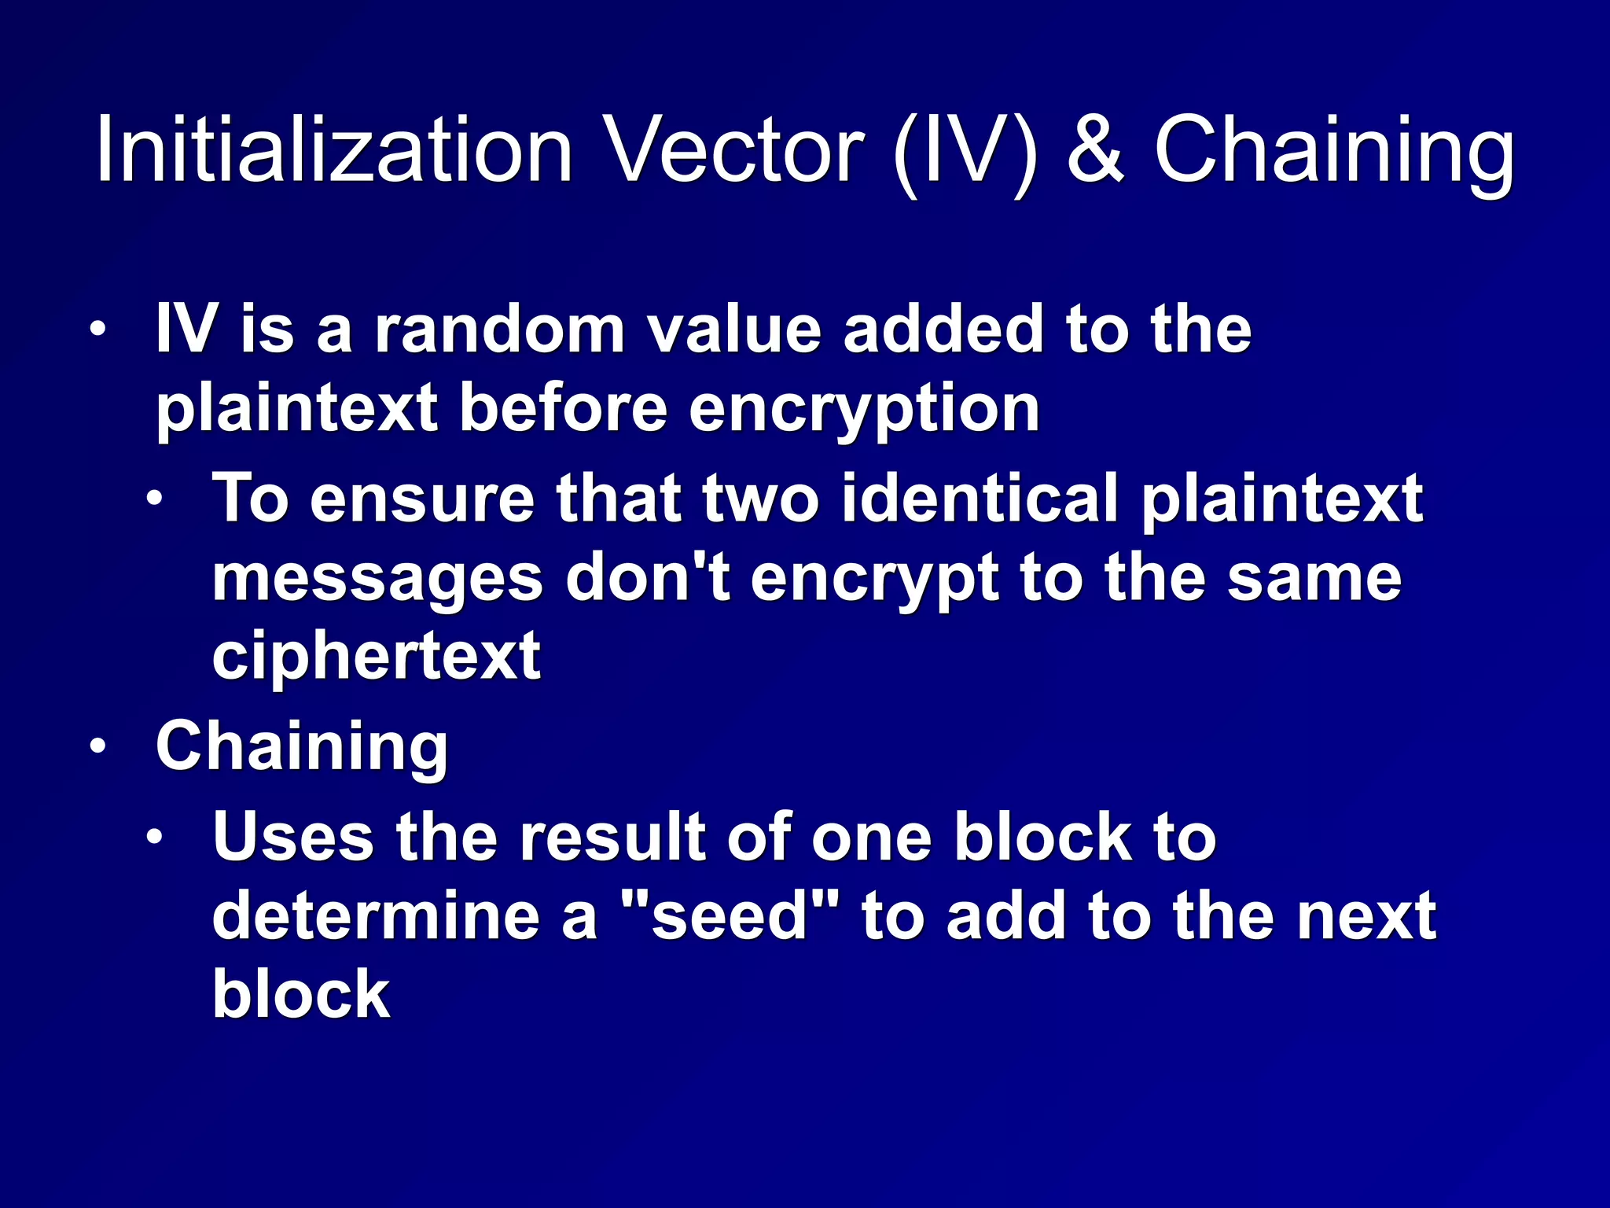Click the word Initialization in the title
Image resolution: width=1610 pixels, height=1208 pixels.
click(x=334, y=149)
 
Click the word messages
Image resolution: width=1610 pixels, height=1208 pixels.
click(x=377, y=580)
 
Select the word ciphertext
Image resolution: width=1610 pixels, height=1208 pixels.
click(x=376, y=656)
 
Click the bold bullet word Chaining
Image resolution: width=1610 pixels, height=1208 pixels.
click(x=302, y=747)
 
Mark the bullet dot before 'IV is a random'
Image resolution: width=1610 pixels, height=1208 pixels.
click(x=97, y=330)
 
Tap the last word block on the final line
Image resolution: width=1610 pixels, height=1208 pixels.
click(x=301, y=994)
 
